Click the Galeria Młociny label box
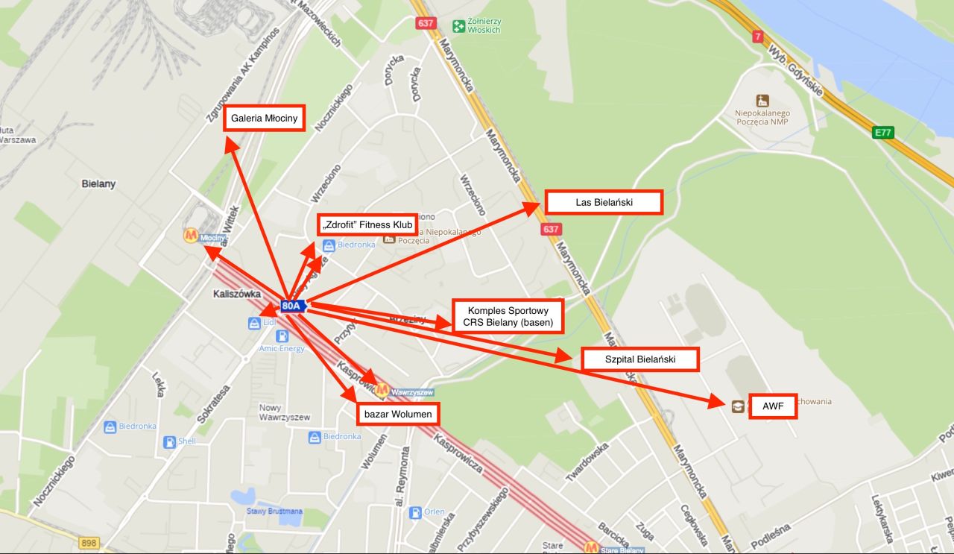pyautogui.click(x=265, y=119)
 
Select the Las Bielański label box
pyautogui.click(x=604, y=202)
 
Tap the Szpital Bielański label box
pyautogui.click(x=640, y=359)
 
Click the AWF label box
pyautogui.click(x=772, y=406)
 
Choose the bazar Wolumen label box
pyautogui.click(x=398, y=412)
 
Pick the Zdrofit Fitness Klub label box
pyautogui.click(x=366, y=224)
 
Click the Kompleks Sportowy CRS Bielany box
pyautogui.click(x=508, y=316)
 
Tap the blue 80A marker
pyautogui.click(x=292, y=306)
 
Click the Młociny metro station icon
pyautogui.click(x=191, y=236)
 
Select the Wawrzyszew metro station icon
pyautogui.click(x=382, y=389)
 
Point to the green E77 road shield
pyautogui.click(x=883, y=133)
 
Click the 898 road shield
pyautogui.click(x=88, y=543)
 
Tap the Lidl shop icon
pyautogui.click(x=254, y=323)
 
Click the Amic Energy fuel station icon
pyautogui.click(x=282, y=336)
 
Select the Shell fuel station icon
pyautogui.click(x=170, y=441)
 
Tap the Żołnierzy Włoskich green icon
pyautogui.click(x=460, y=25)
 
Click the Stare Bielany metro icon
pyautogui.click(x=591, y=548)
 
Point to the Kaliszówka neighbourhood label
pyautogui.click(x=236, y=294)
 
